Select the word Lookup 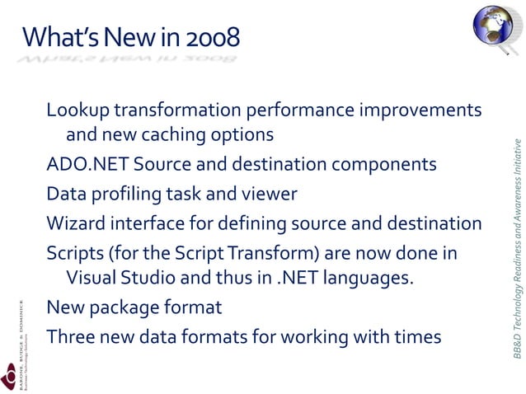78,110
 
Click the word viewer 270,195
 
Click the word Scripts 75,254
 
